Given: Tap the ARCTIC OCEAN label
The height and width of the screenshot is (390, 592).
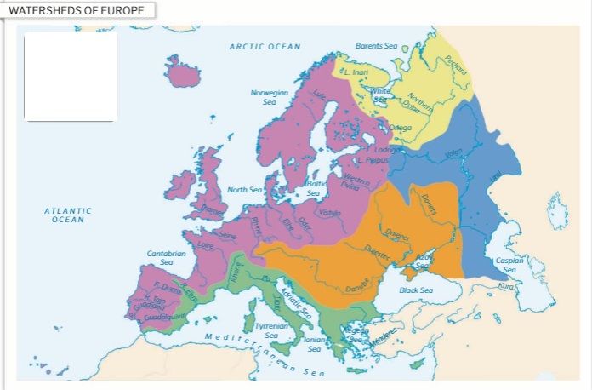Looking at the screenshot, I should tap(265, 47).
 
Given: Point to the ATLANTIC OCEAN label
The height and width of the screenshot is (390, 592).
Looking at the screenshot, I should tap(68, 215).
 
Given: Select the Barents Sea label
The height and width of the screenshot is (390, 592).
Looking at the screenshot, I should tap(376, 46).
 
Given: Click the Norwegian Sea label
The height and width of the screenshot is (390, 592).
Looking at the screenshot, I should tap(269, 96).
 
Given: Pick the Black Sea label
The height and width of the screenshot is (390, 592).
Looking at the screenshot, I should tap(415, 290).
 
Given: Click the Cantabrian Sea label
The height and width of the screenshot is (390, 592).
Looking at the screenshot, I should tap(166, 258).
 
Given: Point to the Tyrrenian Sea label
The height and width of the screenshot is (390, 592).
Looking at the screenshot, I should tap(272, 330).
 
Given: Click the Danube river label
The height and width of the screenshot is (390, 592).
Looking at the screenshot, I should tap(358, 285).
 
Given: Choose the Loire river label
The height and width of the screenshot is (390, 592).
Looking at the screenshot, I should tap(205, 245).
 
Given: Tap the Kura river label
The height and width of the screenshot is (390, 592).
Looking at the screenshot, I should tap(506, 285).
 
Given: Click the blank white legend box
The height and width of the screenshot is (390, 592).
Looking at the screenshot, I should tap(70, 77).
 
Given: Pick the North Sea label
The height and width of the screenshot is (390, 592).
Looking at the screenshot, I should tap(244, 190).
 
